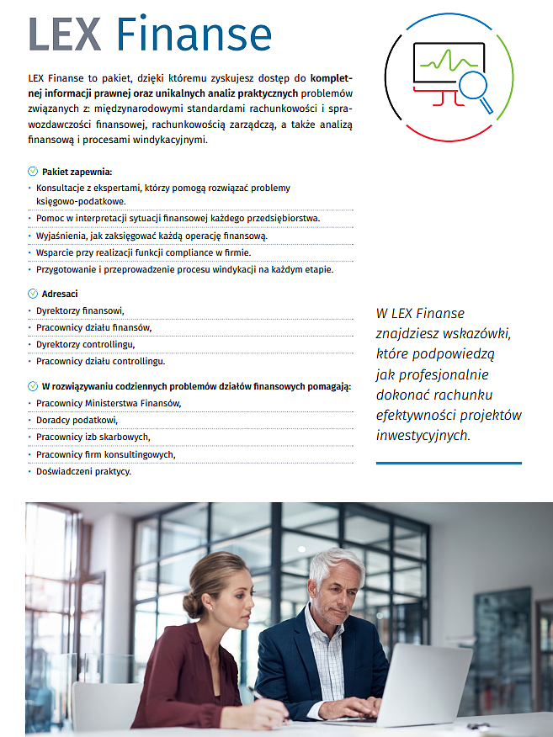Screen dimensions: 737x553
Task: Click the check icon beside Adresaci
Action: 33,294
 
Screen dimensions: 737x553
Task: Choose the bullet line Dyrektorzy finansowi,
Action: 80,310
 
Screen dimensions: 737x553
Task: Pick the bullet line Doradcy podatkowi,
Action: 77,420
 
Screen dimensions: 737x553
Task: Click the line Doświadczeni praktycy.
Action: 83,471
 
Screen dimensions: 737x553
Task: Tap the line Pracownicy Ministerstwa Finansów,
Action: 109,403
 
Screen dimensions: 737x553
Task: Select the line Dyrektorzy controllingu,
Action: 85,344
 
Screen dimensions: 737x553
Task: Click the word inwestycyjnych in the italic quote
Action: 423,435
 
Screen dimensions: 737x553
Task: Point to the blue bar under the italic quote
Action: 449,463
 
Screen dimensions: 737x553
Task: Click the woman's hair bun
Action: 193,603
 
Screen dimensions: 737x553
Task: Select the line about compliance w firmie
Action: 143,252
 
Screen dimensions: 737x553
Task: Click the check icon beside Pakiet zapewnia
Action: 33,172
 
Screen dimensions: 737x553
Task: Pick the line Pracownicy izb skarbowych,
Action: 93,437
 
